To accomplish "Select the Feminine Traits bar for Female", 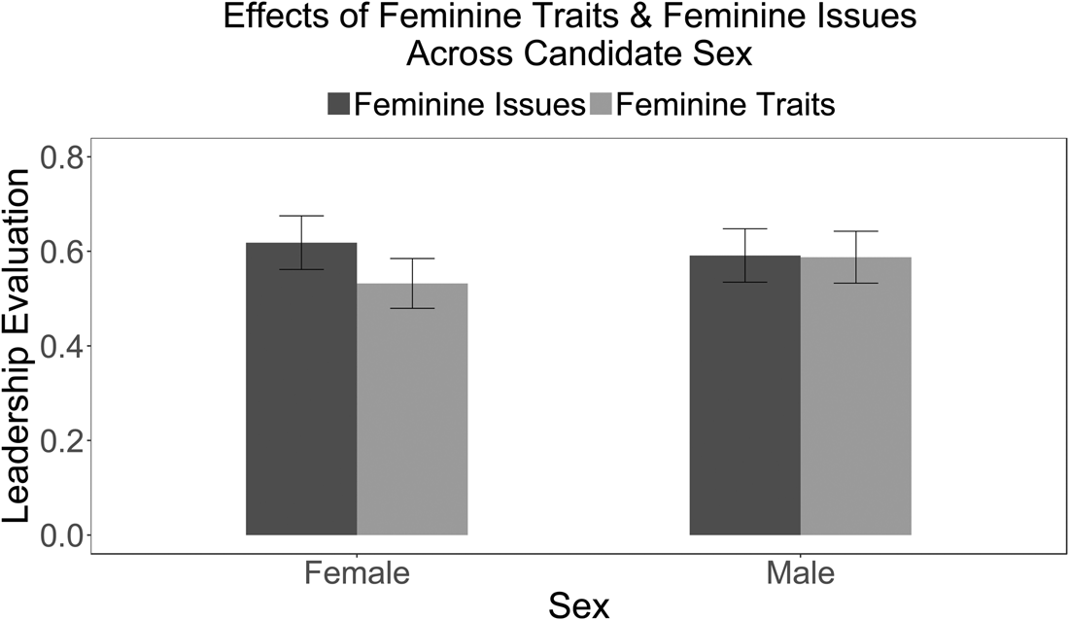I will (x=412, y=418).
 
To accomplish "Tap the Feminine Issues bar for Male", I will (x=744, y=408).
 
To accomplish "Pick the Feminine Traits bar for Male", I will (x=856, y=408).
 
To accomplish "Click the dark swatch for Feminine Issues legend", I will (x=339, y=104).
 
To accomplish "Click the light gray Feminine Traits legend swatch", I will (x=601, y=104).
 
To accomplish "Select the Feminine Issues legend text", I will (x=468, y=104).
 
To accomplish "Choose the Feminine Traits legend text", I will (x=725, y=104).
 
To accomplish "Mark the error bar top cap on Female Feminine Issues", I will (x=301, y=216).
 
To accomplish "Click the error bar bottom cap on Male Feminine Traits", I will (x=856, y=283).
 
